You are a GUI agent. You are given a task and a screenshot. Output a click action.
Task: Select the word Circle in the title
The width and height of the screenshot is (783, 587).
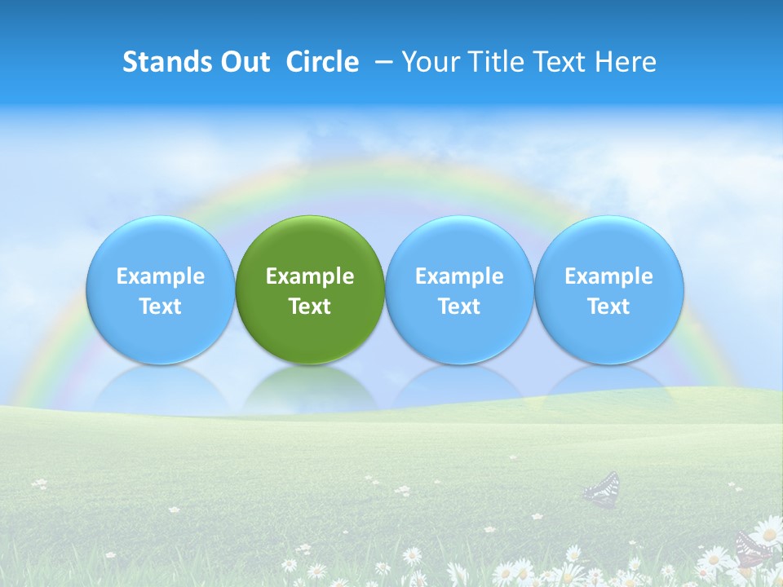(x=322, y=62)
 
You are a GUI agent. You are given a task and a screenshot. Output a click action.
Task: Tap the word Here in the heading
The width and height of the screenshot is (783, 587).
(x=625, y=62)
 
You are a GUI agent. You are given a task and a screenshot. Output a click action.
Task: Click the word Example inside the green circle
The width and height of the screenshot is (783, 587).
(x=310, y=276)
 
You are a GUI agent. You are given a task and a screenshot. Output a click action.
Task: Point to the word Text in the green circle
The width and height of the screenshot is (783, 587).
(x=310, y=307)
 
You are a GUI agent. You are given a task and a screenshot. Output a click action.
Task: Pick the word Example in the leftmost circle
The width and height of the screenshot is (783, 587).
(x=160, y=276)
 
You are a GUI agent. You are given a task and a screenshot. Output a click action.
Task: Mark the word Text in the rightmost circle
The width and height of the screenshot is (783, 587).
(x=609, y=307)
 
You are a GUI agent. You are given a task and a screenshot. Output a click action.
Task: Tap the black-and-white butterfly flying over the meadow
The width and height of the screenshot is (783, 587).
(x=602, y=488)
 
